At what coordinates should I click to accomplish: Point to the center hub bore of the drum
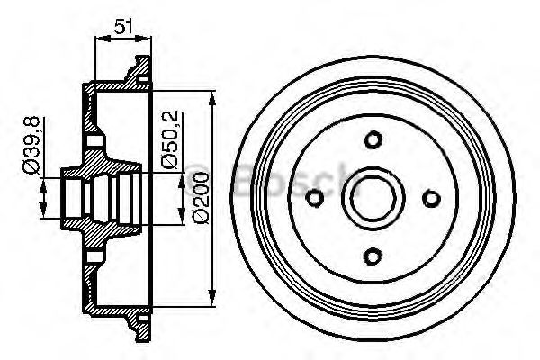pos(373,199)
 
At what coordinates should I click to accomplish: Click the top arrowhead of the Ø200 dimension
pos(212,95)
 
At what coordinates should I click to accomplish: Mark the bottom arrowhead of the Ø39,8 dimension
pos(44,213)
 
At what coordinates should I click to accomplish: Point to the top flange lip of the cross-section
pos(138,68)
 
